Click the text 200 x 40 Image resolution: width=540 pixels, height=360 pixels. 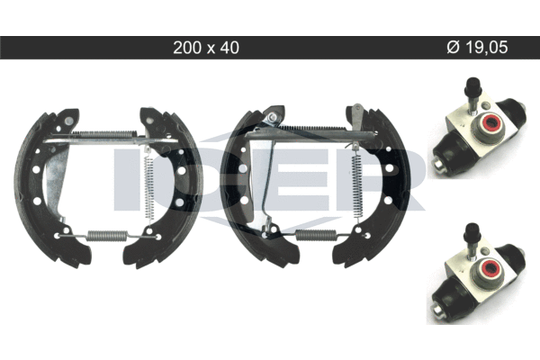click(206, 48)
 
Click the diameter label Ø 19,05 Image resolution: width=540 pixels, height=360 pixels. click(477, 47)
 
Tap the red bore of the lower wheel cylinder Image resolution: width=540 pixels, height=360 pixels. click(490, 268)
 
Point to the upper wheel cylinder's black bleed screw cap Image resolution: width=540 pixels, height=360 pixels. click(472, 85)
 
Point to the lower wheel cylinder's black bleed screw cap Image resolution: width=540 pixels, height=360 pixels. click(472, 231)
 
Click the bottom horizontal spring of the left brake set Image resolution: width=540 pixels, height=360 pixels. click(108, 235)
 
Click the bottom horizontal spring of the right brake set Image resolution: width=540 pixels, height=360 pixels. click(316, 235)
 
